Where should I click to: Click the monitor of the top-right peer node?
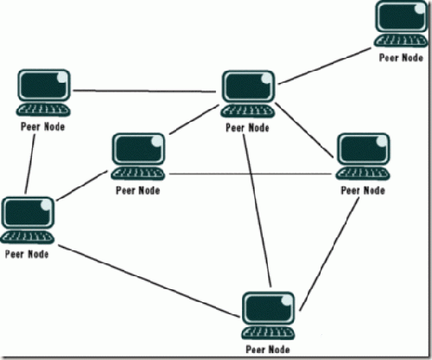click(401, 16)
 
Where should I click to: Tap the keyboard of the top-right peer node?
click(401, 41)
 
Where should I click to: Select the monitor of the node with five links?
click(249, 86)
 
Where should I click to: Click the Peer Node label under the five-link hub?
click(247, 128)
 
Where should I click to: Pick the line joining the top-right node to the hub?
click(325, 66)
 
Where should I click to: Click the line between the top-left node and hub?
click(144, 92)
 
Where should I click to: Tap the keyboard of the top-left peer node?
click(43, 110)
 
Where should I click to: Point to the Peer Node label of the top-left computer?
click(42, 127)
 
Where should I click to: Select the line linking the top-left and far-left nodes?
click(30, 164)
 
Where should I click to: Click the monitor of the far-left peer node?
click(28, 212)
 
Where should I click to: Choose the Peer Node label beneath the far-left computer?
click(27, 254)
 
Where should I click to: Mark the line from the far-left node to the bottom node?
click(149, 281)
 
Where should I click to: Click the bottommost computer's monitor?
click(269, 308)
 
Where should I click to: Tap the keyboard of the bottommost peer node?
click(269, 332)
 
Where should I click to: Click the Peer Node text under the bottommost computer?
click(268, 350)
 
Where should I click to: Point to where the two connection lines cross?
click(251, 174)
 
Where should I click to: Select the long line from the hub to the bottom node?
click(257, 211)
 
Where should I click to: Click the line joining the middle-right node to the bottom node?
click(329, 255)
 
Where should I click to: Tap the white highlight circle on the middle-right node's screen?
click(382, 141)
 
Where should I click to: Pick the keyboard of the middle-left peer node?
click(138, 174)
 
